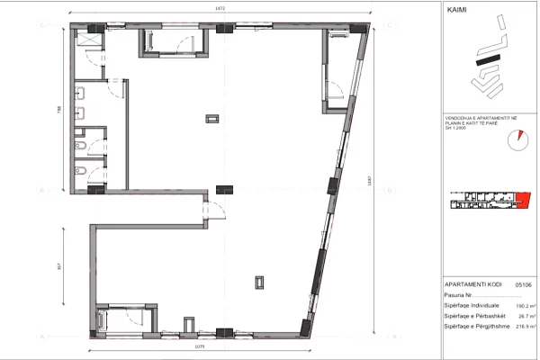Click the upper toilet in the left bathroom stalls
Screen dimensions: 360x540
(80, 144)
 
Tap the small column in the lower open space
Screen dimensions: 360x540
(259, 281)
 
